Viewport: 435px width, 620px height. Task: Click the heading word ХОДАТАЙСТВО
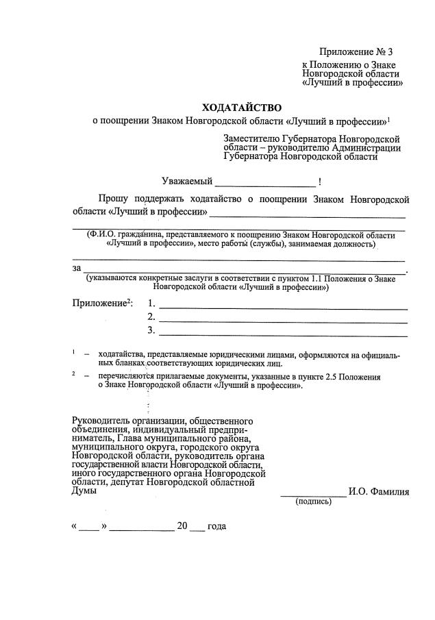(241, 108)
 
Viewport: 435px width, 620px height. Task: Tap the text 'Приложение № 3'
(357, 53)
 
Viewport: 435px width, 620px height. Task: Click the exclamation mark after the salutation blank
(321, 182)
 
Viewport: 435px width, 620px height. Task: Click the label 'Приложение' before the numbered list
(101, 303)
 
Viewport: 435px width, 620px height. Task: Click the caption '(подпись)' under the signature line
(313, 501)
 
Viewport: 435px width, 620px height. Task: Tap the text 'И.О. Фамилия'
(379, 491)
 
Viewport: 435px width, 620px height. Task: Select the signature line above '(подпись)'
(314, 494)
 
